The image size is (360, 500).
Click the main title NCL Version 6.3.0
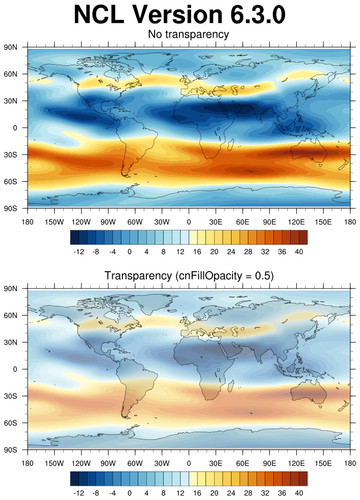179,15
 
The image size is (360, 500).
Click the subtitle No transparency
188,35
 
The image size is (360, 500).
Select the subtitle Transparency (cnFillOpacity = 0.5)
189,276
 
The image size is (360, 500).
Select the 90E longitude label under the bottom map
269,463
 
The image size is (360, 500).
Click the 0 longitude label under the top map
189,222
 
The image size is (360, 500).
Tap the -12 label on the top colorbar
79,252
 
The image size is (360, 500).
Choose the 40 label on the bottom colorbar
299,493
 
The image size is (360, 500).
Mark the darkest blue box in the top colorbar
74,238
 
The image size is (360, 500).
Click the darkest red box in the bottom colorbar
303,479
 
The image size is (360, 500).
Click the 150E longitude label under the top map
323,222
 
